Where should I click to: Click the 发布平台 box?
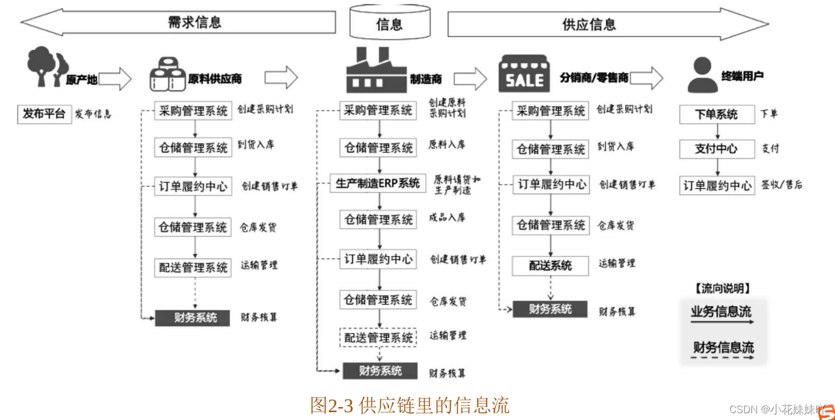click(44, 114)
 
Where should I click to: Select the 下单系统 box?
click(716, 114)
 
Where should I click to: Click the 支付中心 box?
click(716, 149)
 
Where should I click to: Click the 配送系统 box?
click(550, 265)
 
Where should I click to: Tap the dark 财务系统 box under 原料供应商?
click(193, 318)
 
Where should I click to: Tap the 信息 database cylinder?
click(390, 22)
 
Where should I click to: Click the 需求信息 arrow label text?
click(195, 22)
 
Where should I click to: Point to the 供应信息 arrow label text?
click(589, 24)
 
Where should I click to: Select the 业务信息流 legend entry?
click(722, 312)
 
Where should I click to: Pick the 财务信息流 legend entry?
click(723, 348)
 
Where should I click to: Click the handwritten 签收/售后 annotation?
click(781, 185)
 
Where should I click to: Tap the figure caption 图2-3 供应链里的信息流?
click(409, 405)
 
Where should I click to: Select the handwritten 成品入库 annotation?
click(447, 217)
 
